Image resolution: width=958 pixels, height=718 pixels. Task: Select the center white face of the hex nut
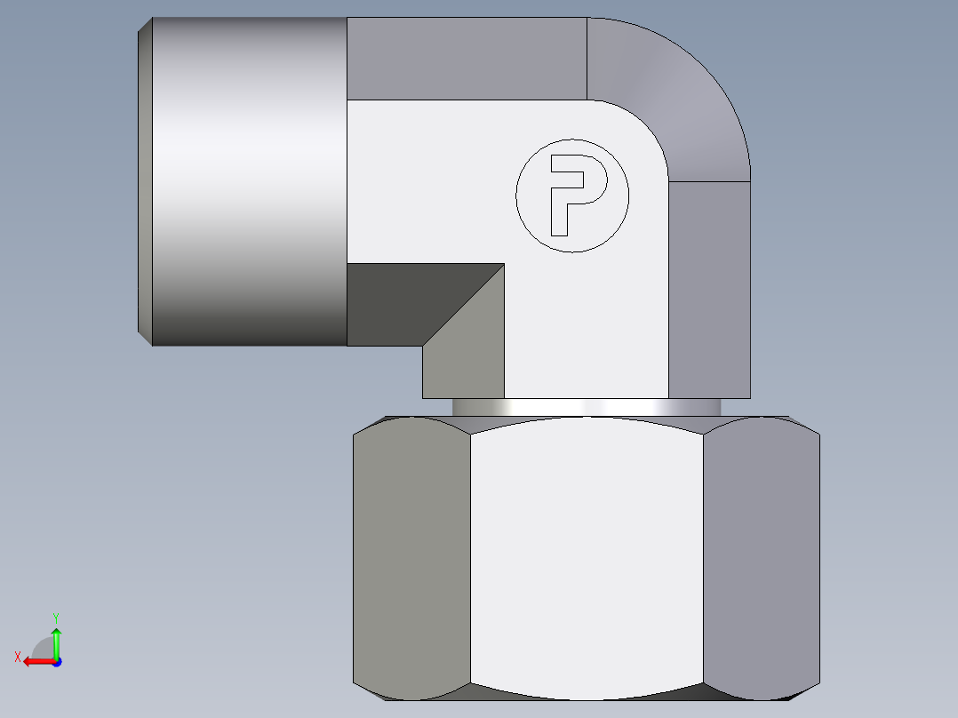587,555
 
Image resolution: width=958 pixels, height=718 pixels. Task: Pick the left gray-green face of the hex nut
411,555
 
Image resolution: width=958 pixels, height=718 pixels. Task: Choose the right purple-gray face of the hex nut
761,555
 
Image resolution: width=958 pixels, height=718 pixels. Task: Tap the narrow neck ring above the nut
587,407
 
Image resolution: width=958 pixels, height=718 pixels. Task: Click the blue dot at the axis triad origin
56,661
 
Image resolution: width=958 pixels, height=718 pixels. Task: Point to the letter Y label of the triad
55,617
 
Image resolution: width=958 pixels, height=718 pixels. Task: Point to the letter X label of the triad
17,657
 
